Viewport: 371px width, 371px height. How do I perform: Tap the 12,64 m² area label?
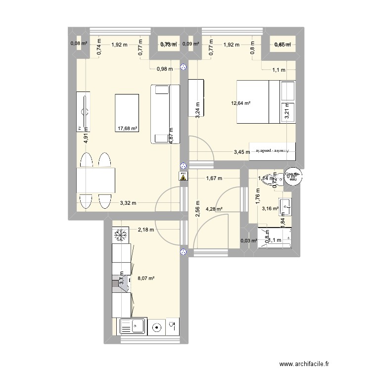(x=240, y=103)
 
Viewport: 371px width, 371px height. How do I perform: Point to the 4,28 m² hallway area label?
(x=214, y=209)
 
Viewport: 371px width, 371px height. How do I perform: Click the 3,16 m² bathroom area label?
(x=270, y=209)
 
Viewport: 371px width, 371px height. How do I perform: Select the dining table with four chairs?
(x=95, y=181)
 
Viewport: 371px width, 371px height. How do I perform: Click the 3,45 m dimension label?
(x=242, y=152)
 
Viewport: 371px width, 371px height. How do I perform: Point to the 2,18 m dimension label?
(x=146, y=229)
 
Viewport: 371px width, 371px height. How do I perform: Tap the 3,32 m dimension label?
(x=128, y=202)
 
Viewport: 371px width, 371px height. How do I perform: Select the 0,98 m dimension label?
(x=164, y=69)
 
